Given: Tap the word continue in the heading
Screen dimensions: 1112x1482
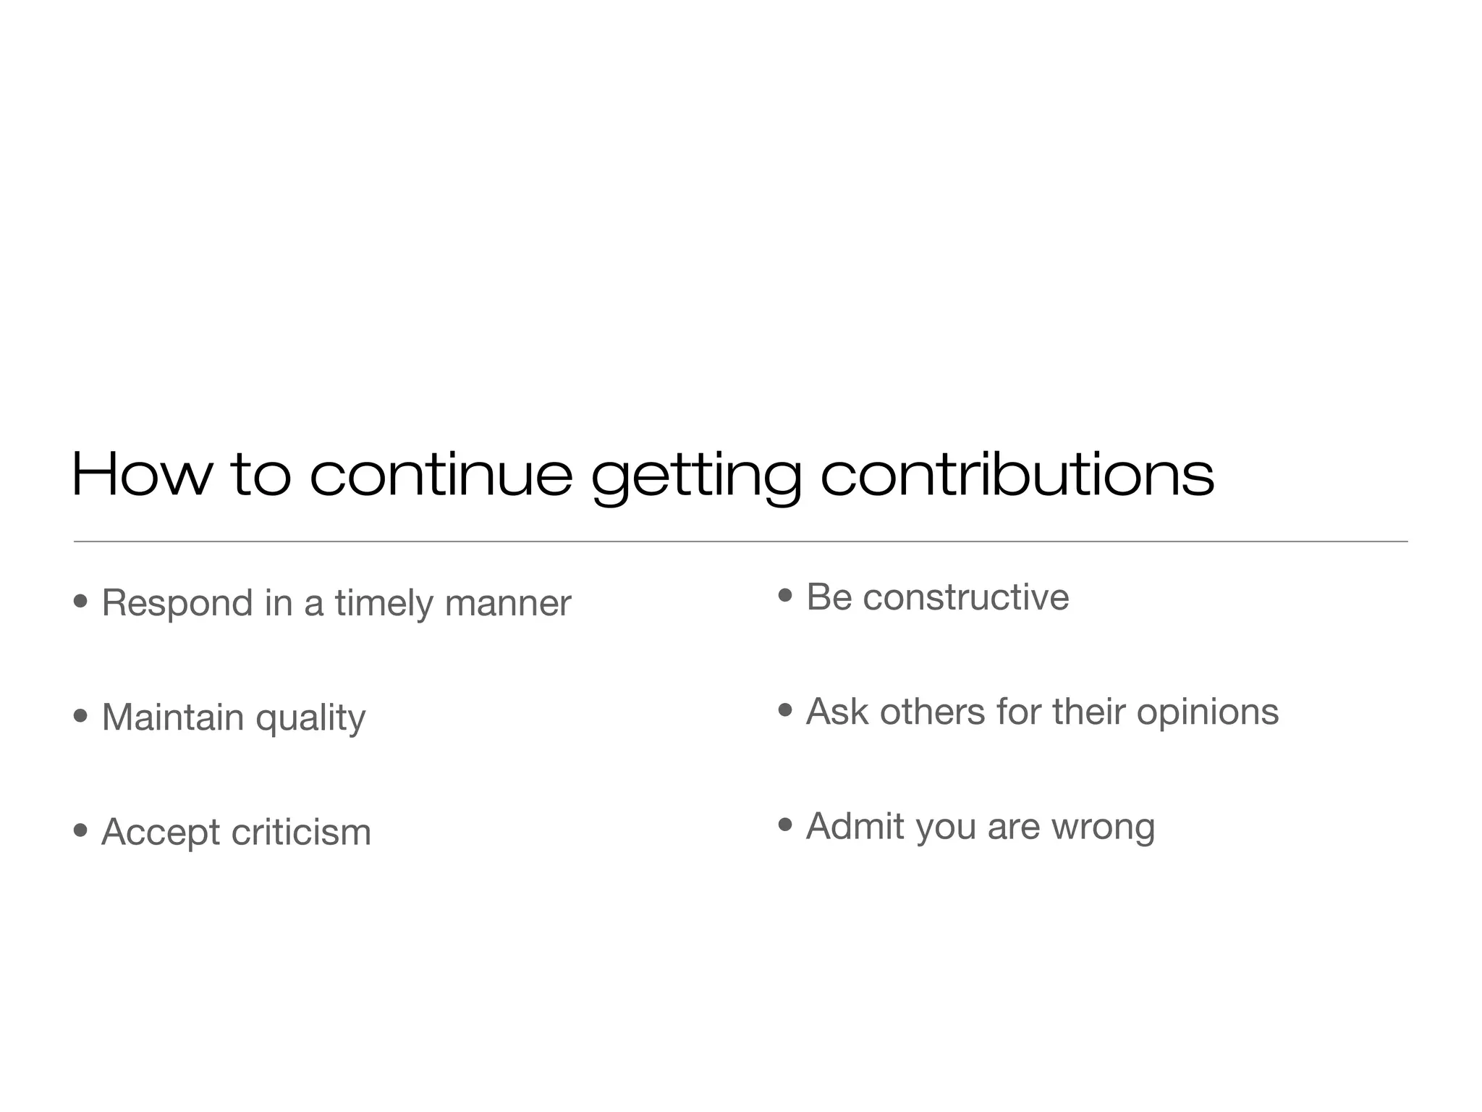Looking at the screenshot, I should pyautogui.click(x=441, y=476).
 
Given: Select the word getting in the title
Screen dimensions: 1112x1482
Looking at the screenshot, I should pyautogui.click(x=696, y=478).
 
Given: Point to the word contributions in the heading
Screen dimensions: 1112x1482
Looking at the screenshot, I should pyautogui.click(x=1017, y=476).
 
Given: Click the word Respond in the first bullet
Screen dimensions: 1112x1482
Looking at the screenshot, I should pyautogui.click(x=177, y=603).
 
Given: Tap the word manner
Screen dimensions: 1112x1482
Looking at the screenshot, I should pyautogui.click(x=508, y=603).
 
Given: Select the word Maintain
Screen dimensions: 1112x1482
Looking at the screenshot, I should pyautogui.click(x=173, y=717).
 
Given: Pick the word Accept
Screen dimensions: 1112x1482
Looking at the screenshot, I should pyautogui.click(x=161, y=833).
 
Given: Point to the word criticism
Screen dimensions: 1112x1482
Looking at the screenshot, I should pyautogui.click(x=301, y=831).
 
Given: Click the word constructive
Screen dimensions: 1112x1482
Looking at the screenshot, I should pyautogui.click(x=965, y=597).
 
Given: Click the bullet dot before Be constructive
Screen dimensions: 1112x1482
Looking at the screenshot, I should pyautogui.click(x=785, y=596).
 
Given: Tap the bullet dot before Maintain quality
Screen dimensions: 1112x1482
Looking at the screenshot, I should pyautogui.click(x=80, y=716).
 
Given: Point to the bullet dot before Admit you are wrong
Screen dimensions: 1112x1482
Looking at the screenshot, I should pyautogui.click(x=785, y=825).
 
